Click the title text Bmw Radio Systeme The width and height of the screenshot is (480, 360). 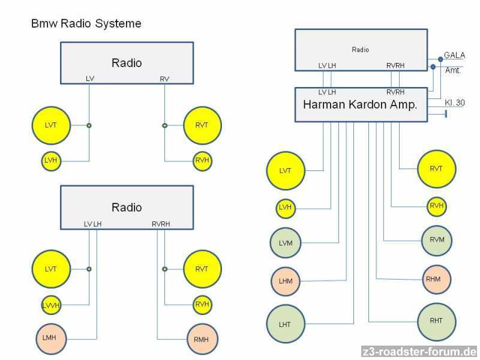point(86,24)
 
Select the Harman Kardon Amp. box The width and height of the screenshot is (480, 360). point(360,105)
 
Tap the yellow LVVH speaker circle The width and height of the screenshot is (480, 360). point(52,305)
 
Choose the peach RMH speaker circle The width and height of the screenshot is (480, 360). point(202,339)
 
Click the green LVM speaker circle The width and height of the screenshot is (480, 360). point(286,242)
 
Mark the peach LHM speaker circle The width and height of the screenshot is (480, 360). point(286,281)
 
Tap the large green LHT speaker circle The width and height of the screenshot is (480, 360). point(286,324)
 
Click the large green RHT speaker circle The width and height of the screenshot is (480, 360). point(436,321)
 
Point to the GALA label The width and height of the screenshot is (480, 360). point(454,55)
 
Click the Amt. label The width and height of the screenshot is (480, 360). point(452,70)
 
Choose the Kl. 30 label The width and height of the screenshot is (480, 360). point(455,103)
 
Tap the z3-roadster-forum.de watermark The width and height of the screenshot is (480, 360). point(419,352)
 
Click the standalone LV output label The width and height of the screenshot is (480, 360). point(90,79)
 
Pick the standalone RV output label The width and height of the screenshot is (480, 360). point(164,79)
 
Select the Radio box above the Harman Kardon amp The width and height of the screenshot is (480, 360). point(360,50)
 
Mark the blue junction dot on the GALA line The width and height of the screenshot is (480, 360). point(440,59)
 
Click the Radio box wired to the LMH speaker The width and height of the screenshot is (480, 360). point(127,207)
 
